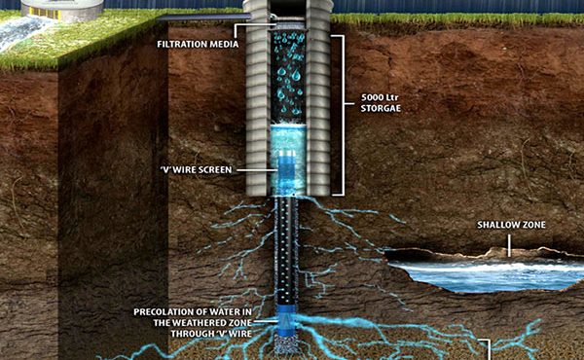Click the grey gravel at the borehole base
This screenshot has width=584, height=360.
287,344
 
